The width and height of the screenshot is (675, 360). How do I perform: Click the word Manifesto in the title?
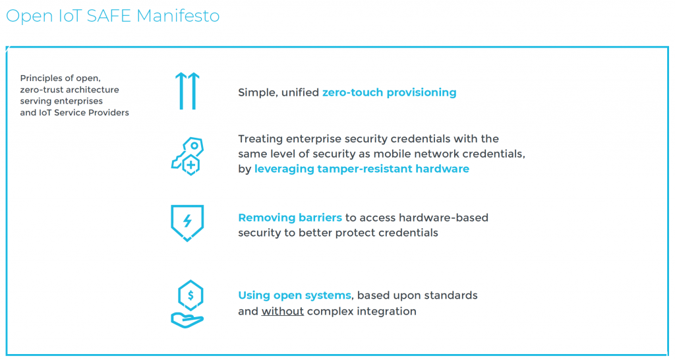pos(178,16)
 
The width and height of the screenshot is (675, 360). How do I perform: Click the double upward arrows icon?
pos(187,91)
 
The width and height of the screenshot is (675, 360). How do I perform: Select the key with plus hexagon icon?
pos(188,156)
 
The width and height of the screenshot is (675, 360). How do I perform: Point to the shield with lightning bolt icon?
pos(187,223)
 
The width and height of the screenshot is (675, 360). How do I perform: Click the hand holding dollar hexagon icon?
pos(188,304)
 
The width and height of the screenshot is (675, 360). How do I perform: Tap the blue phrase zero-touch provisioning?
pos(389,92)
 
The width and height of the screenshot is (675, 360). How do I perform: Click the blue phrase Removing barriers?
pos(290,218)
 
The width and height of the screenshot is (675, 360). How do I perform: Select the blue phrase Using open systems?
pos(295,295)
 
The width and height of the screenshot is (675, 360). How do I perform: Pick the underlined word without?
pos(282,311)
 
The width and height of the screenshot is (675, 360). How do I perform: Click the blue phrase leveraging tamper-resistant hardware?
pos(362,169)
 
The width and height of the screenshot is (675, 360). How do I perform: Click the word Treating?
pos(260,139)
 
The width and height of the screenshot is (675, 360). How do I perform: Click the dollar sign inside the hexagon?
pos(191,295)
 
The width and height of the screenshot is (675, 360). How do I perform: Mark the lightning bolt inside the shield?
pos(187,221)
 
